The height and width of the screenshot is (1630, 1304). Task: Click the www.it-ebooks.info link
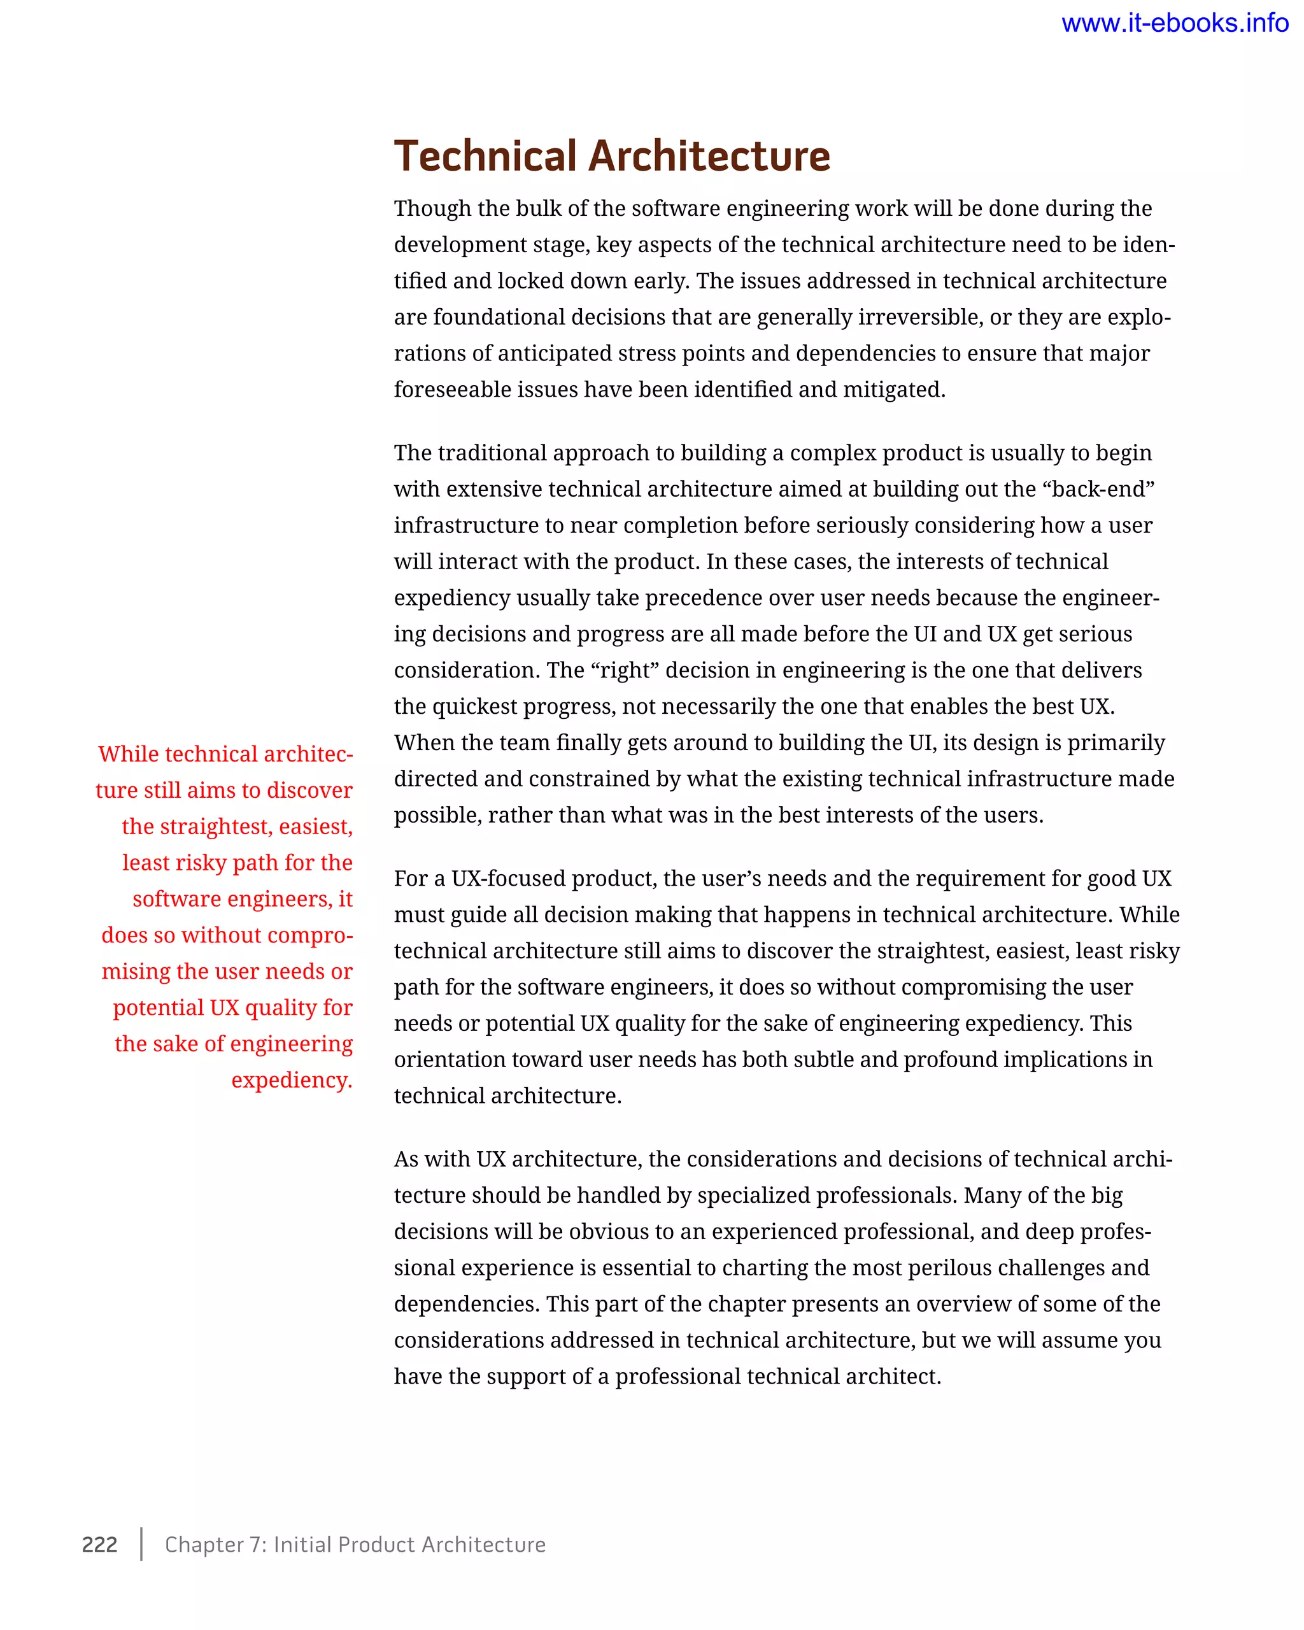click(x=1174, y=24)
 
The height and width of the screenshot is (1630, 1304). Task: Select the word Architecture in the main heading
click(x=709, y=157)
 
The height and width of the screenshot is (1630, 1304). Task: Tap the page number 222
click(x=100, y=1544)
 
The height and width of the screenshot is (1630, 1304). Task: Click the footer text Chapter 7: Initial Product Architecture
click(x=355, y=1544)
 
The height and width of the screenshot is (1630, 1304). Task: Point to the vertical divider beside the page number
click(x=141, y=1544)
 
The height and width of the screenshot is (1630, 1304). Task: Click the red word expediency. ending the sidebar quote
click(x=292, y=1080)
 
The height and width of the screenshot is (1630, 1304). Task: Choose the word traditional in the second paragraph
click(x=492, y=453)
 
